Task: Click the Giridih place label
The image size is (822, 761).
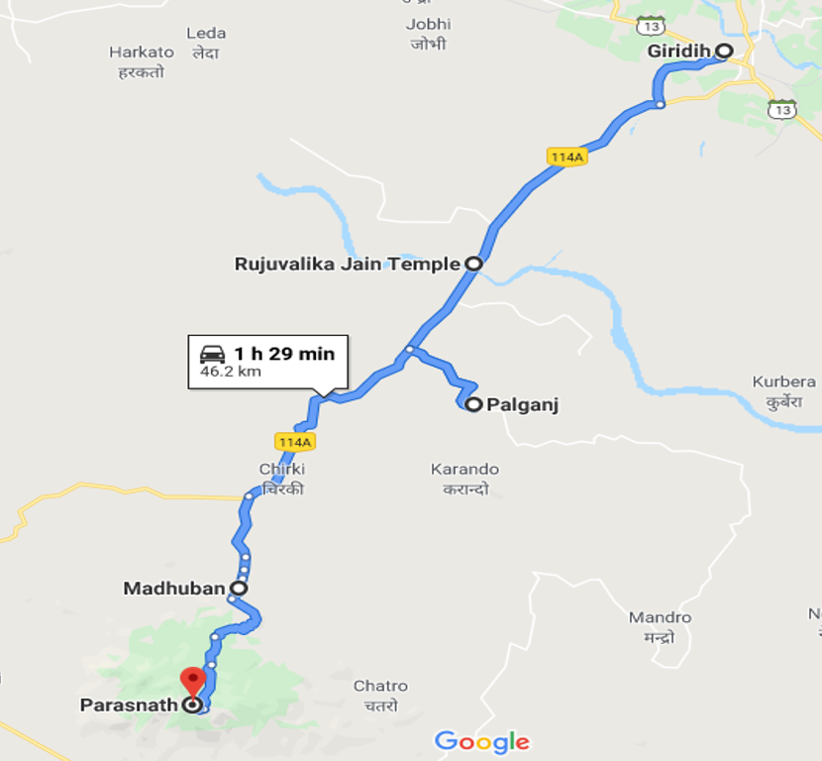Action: (678, 51)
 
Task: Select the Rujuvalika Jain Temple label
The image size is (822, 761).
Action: (347, 264)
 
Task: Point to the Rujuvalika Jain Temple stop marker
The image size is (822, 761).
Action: (473, 264)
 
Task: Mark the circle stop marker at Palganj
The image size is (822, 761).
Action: (473, 404)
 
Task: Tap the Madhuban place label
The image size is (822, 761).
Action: (174, 589)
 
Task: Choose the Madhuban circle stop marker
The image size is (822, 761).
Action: (239, 588)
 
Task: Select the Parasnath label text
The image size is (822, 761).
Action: (128, 706)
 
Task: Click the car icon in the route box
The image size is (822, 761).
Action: (213, 354)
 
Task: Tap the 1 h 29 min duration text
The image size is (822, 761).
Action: (284, 354)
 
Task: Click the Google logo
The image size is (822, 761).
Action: (482, 741)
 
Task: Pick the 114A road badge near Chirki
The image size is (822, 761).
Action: (295, 442)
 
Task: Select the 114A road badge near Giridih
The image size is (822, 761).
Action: (566, 157)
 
